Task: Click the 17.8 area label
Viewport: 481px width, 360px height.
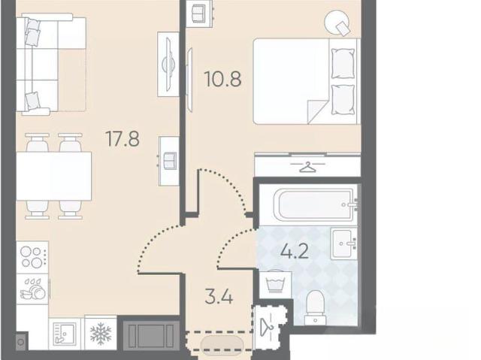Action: [x=123, y=138]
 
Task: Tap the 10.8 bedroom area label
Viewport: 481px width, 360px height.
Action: [x=223, y=79]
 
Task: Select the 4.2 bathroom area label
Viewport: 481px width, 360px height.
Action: [x=295, y=252]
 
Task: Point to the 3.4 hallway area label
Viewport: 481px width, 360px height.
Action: [x=219, y=297]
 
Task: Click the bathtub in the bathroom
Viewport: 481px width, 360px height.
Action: [x=316, y=204]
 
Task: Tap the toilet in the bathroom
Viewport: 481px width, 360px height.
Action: [x=316, y=307]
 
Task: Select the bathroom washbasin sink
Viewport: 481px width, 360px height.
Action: [x=344, y=243]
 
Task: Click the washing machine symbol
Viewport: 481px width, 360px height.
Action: [x=276, y=285]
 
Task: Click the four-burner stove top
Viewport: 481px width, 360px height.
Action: [x=32, y=257]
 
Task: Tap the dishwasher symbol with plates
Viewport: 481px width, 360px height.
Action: [x=32, y=289]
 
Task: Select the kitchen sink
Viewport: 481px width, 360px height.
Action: [x=65, y=334]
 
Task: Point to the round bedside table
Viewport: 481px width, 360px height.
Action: [x=337, y=23]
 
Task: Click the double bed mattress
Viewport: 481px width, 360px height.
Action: [x=306, y=81]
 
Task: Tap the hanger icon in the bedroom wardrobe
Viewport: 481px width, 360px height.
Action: [x=307, y=167]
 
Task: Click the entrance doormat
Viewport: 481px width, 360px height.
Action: [x=222, y=345]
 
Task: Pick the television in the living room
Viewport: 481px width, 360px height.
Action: [x=168, y=65]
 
